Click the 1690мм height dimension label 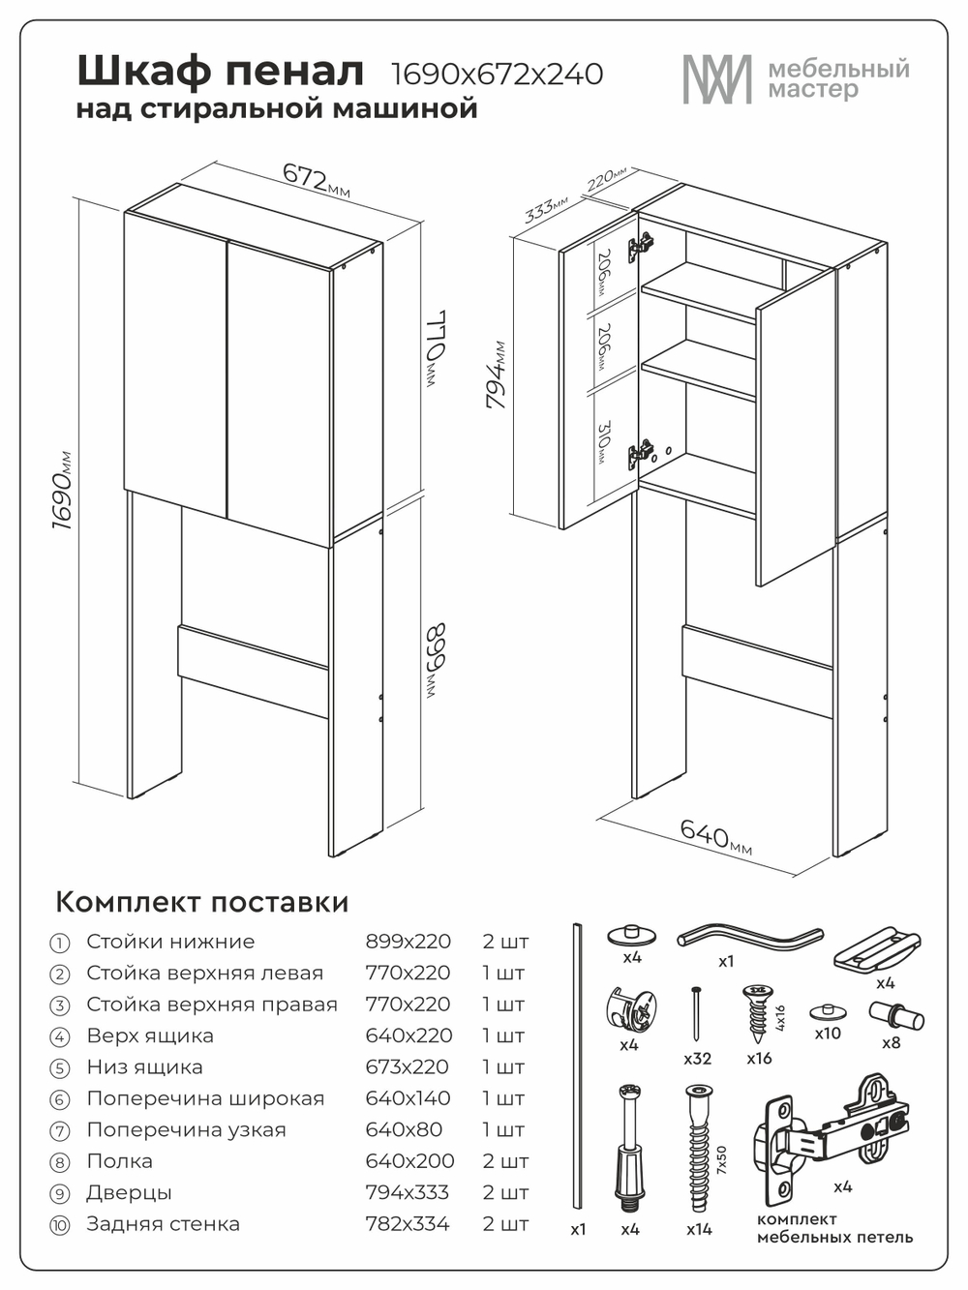[x=62, y=490]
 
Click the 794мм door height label [x=497, y=375]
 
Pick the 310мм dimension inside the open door [x=604, y=442]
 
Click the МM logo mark [x=716, y=79]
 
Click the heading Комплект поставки [x=201, y=902]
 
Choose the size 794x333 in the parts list [x=408, y=1192]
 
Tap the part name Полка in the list [x=119, y=1161]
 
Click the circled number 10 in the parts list [x=60, y=1225]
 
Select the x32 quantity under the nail [x=697, y=1059]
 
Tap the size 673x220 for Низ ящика [x=407, y=1067]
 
